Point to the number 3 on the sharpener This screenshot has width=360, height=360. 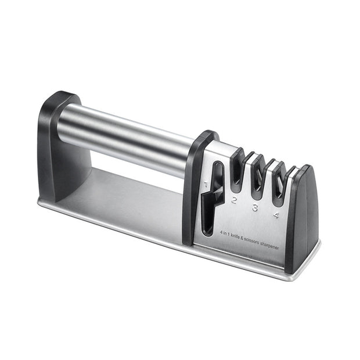point(254,207)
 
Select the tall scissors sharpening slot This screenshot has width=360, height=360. point(215,195)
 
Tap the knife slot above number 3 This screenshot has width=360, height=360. point(257,177)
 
